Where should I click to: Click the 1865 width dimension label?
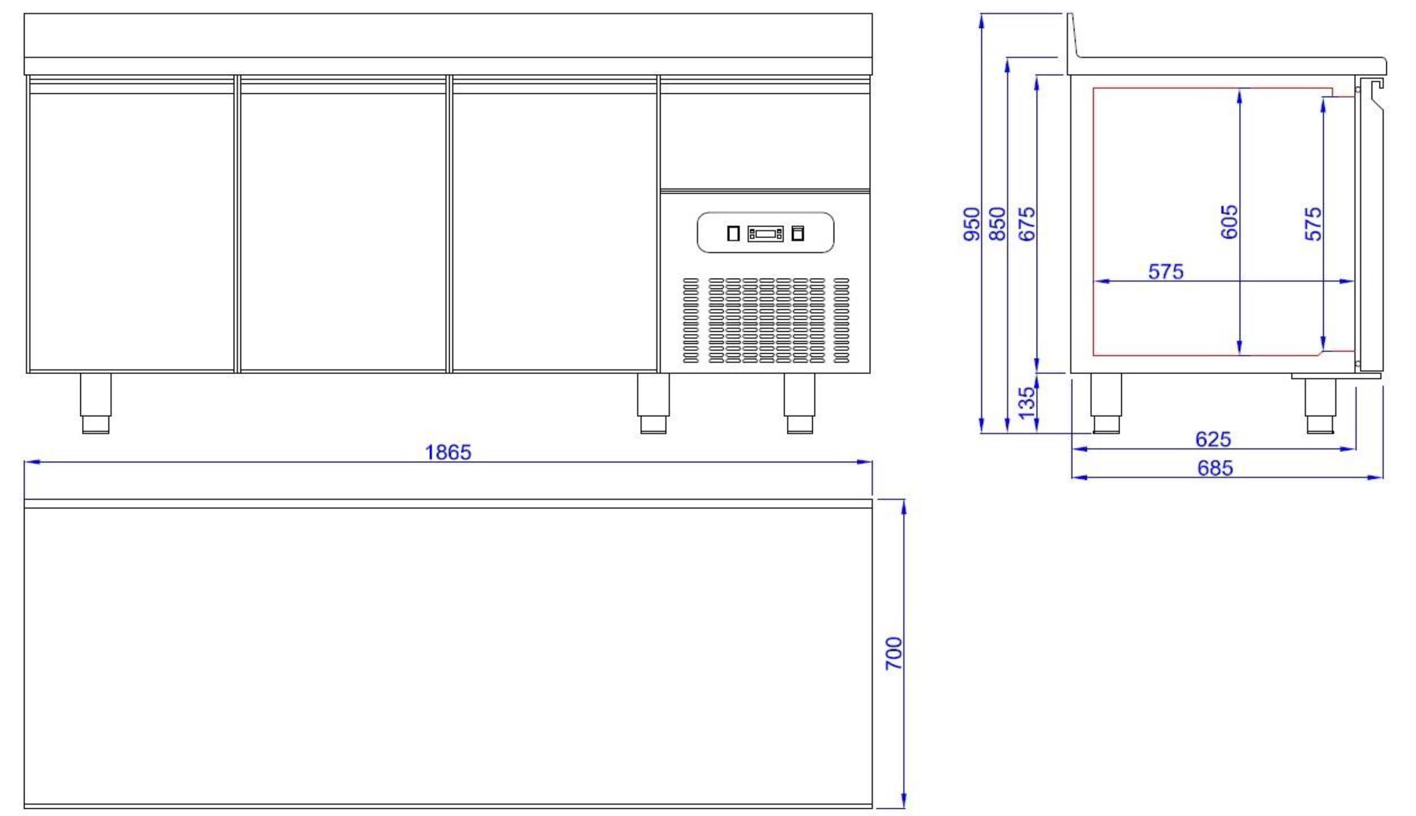tap(448, 452)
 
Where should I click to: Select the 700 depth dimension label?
tap(894, 653)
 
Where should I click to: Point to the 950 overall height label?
tap(971, 224)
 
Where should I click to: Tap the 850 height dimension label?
tap(998, 224)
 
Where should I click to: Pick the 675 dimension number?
tap(1027, 224)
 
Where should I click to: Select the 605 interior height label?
tap(1229, 222)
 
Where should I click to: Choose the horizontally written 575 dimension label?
tap(1166, 272)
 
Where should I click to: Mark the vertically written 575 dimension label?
tap(1313, 224)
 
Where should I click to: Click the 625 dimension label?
tap(1213, 439)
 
